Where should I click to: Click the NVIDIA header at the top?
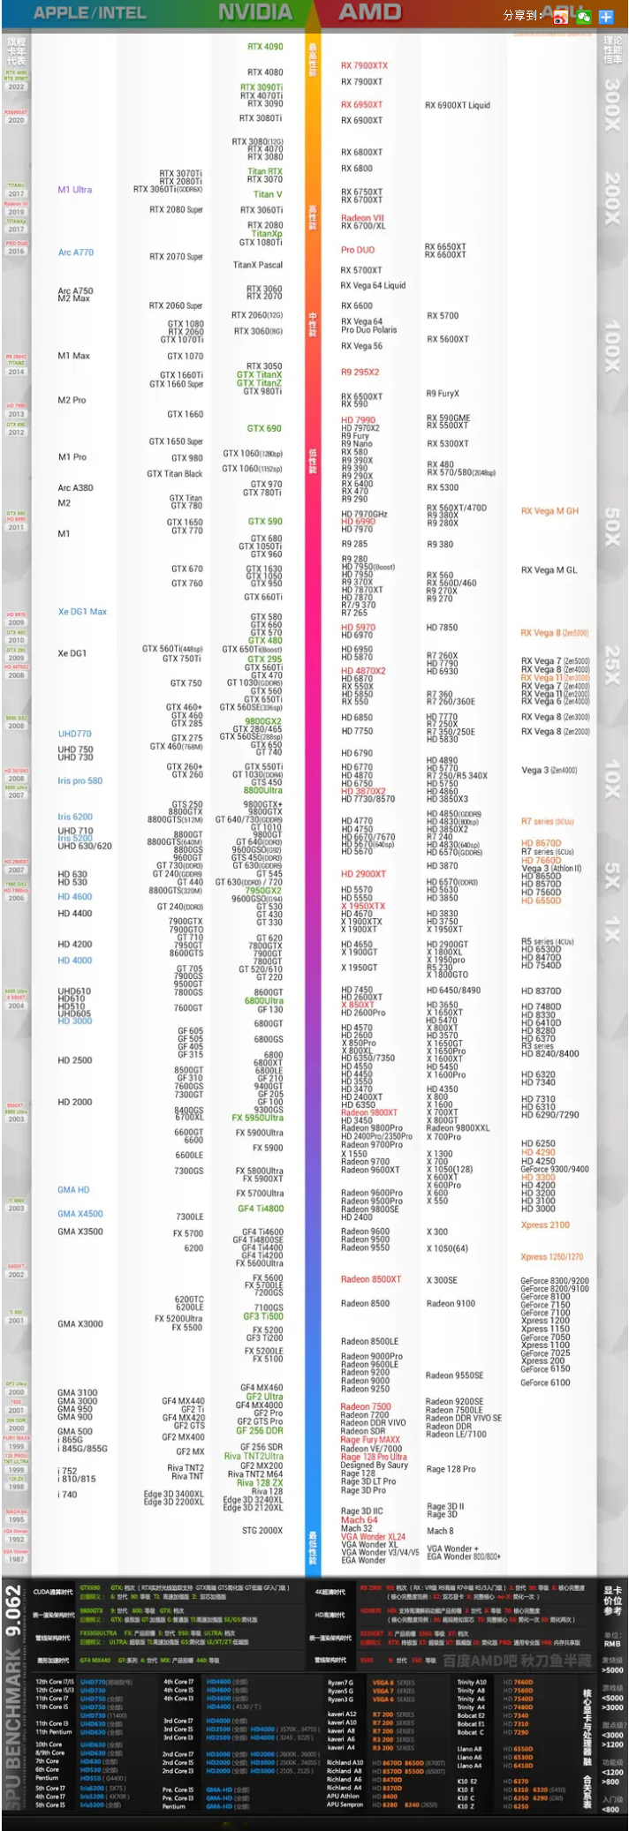click(255, 12)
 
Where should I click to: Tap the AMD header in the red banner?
click(370, 12)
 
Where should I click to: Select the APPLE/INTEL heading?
click(90, 13)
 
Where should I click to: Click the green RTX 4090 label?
click(265, 47)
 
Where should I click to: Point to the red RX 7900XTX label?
click(364, 65)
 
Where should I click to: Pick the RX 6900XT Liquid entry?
click(457, 105)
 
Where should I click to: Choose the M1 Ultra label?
click(75, 190)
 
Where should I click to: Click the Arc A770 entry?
click(76, 252)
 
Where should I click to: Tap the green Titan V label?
click(268, 194)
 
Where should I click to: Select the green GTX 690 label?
click(264, 428)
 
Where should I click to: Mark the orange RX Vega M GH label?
click(549, 511)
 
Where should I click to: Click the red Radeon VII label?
click(362, 218)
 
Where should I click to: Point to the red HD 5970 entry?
click(358, 628)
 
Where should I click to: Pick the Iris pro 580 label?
click(80, 780)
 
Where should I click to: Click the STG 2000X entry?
click(262, 1530)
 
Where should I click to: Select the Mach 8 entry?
click(440, 1531)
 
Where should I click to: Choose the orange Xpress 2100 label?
click(545, 1224)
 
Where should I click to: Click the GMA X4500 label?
click(80, 1214)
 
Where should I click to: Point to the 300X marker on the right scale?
click(611, 105)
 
